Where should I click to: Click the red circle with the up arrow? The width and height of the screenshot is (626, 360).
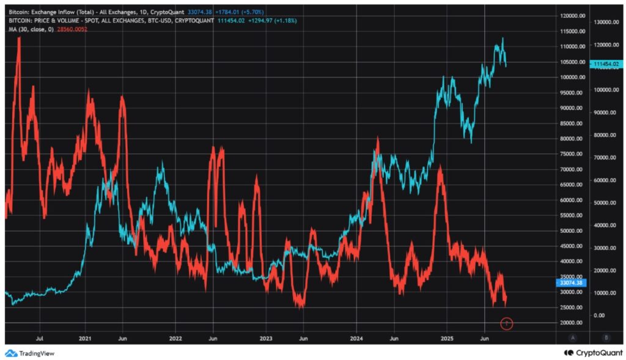[x=507, y=323]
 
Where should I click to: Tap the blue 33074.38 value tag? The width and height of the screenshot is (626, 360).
[x=572, y=283]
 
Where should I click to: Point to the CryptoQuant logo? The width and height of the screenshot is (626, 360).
[x=591, y=353]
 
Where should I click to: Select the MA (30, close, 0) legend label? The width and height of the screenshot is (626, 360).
[x=29, y=29]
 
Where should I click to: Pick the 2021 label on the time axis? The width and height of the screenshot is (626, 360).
[x=86, y=337]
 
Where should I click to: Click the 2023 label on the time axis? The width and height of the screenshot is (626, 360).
[x=266, y=337]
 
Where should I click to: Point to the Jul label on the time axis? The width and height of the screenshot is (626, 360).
[x=40, y=337]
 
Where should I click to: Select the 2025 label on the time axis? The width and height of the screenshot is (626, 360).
[x=447, y=337]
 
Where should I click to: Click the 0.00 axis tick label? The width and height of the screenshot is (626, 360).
[x=599, y=315]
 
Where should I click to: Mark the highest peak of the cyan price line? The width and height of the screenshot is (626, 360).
[x=503, y=38]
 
